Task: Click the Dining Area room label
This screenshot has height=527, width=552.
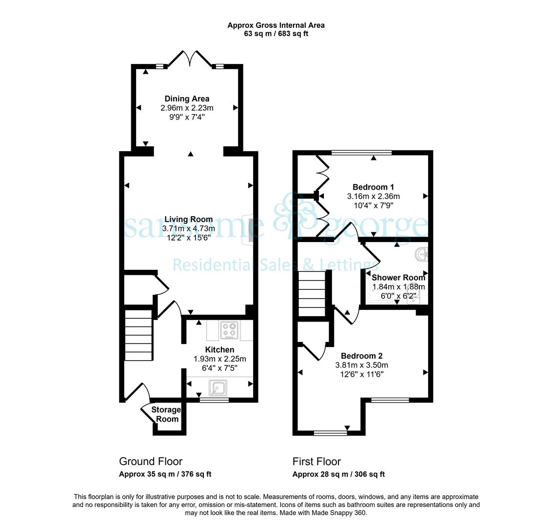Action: click(187, 99)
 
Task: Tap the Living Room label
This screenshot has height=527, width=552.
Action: click(189, 220)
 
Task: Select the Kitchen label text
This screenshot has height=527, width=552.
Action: click(219, 350)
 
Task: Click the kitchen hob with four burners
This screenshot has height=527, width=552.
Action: click(229, 330)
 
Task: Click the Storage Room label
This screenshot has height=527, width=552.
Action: click(166, 414)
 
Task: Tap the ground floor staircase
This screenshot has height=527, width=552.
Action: click(138, 335)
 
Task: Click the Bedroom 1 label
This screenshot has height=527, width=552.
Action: click(373, 187)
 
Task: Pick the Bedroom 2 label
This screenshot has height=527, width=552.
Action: click(361, 356)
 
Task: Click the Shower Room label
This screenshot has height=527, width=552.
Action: click(398, 278)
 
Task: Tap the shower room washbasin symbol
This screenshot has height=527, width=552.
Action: click(422, 254)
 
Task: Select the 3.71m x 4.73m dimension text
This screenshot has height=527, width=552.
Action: click(189, 229)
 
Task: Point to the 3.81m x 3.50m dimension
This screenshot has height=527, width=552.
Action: click(361, 365)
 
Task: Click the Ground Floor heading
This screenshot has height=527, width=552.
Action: click(151, 462)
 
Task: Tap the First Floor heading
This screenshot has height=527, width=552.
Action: click(316, 462)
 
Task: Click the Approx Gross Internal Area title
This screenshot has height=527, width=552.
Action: click(276, 25)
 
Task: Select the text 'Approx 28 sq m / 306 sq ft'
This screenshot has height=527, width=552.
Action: click(338, 474)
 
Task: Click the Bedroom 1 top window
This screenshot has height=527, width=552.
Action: click(361, 153)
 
